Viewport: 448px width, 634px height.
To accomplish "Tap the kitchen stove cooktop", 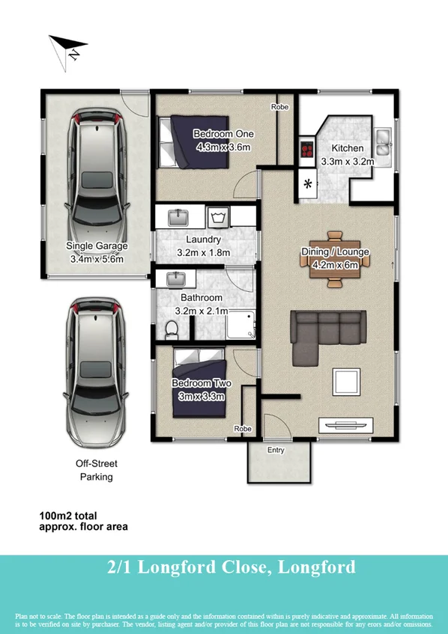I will coord(306,150).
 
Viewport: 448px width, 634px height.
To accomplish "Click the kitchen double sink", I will coord(384,141).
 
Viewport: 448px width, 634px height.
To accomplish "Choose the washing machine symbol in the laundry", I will coord(218,218).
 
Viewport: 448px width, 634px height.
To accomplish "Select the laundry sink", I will coord(178,218).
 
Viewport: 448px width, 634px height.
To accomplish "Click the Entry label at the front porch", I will coord(276,449).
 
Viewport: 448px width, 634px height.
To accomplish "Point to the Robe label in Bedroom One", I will coord(280,107).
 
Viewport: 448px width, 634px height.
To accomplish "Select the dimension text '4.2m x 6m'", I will coord(335,263).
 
